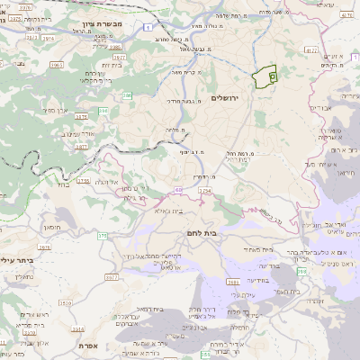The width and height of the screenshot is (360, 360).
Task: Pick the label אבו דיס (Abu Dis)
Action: click(x=320, y=108)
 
